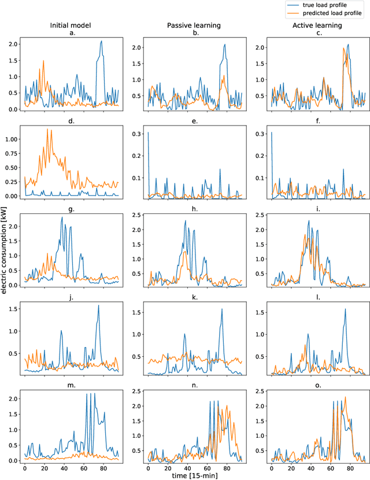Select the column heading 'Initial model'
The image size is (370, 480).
coord(71,26)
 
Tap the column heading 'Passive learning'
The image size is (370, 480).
coord(194,26)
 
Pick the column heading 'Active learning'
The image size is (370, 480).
coord(317,26)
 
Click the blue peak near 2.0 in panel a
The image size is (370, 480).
coord(101,42)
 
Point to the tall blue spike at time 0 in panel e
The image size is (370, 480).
coord(148,133)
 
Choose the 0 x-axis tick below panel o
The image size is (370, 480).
coord(272,468)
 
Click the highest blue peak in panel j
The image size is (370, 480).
coord(98,306)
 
